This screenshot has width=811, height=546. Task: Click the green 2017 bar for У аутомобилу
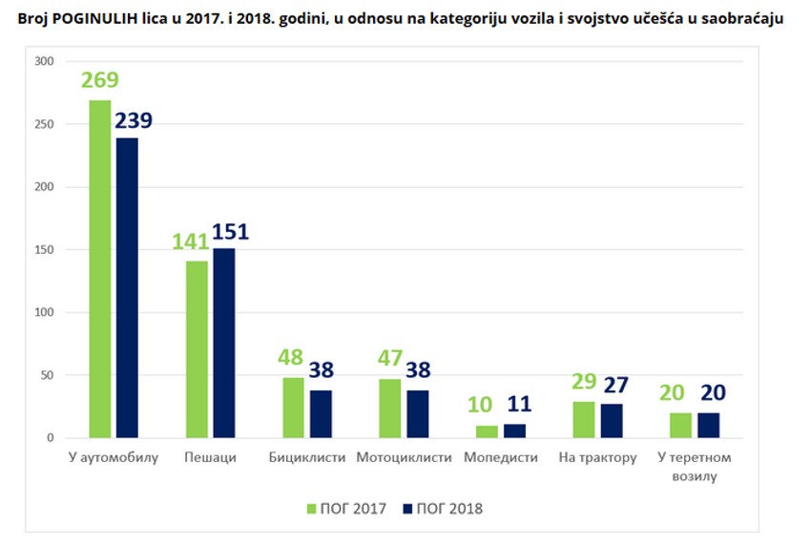click(100, 269)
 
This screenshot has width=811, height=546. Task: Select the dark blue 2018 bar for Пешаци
click(223, 343)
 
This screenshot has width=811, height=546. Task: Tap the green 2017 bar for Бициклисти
click(293, 408)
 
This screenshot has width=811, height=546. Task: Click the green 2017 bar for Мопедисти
click(487, 431)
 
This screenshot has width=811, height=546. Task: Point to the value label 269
click(99, 80)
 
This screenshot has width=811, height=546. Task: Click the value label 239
click(134, 120)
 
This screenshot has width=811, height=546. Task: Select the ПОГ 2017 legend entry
click(345, 509)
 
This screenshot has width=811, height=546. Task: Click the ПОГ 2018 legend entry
click(443, 509)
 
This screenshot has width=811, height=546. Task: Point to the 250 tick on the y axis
click(44, 124)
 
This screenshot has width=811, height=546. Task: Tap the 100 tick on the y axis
click(44, 312)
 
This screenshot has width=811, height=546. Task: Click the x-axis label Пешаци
click(211, 457)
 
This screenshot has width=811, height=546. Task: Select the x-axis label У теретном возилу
click(694, 466)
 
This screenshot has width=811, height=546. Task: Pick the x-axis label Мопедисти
click(501, 457)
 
